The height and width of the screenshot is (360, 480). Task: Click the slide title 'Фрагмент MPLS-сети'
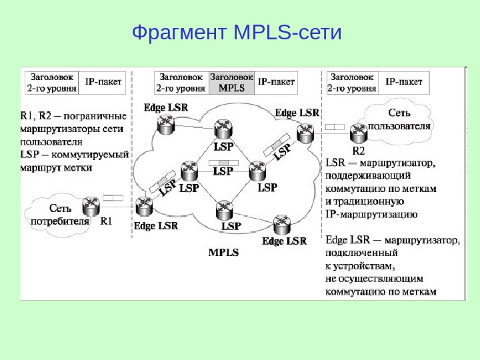[x=237, y=32]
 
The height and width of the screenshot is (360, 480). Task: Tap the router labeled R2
[x=359, y=134]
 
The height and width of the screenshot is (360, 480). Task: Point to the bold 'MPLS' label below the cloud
[x=223, y=253]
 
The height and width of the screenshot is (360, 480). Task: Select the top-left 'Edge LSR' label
[x=166, y=107]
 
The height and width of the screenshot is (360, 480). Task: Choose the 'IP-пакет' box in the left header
[x=104, y=82]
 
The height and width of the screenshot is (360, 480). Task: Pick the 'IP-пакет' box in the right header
[x=405, y=82]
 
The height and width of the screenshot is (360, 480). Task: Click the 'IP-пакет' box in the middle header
[x=276, y=82]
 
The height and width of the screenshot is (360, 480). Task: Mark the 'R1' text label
[x=107, y=222]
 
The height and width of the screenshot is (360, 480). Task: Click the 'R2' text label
[x=359, y=150]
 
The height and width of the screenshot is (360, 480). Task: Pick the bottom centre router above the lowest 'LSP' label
[x=223, y=211]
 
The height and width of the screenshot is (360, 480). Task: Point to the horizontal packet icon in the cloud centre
[x=223, y=163]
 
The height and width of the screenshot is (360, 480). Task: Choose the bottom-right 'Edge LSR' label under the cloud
[x=285, y=241]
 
